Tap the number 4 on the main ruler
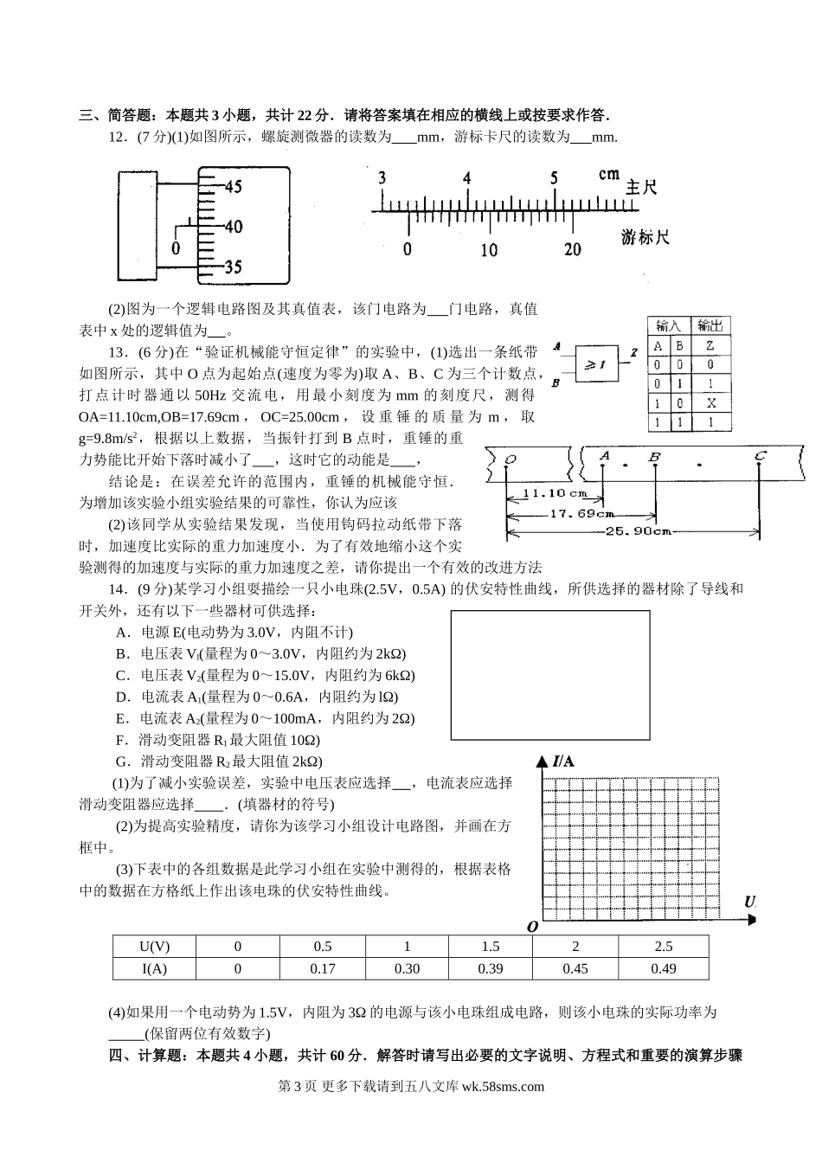pyautogui.click(x=466, y=178)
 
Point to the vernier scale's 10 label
pyautogui.click(x=489, y=250)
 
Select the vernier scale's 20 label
pyautogui.click(x=572, y=249)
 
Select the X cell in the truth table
pyautogui.click(x=710, y=403)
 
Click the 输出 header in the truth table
pyautogui.click(x=710, y=326)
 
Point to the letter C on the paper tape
pyautogui.click(x=759, y=456)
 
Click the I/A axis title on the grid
pyautogui.click(x=563, y=761)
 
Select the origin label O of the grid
pyautogui.click(x=532, y=926)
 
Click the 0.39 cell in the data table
pyautogui.click(x=490, y=968)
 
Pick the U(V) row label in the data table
pyautogui.click(x=154, y=946)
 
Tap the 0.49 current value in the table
pyautogui.click(x=663, y=968)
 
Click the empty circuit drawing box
pyautogui.click(x=549, y=674)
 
